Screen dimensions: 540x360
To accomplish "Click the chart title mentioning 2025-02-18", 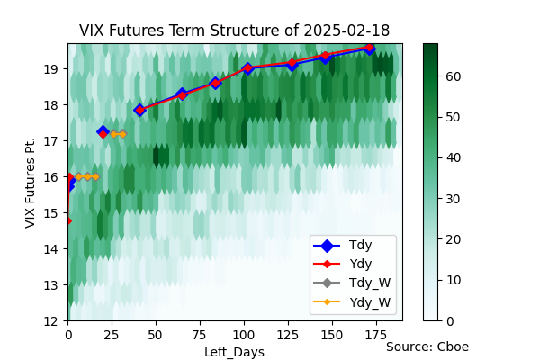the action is (234, 31).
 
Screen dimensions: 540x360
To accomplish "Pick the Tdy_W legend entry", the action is (352, 283).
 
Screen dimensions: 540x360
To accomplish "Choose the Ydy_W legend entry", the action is (352, 302).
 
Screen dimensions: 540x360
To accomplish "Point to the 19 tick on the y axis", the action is (51, 69).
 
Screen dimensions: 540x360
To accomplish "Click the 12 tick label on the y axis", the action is (51, 321).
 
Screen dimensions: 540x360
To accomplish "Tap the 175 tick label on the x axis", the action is (377, 335).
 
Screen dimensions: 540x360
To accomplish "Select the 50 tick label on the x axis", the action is (156, 335).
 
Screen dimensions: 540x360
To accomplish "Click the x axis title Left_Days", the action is (235, 352).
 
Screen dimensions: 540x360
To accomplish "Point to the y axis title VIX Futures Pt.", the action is (31, 183).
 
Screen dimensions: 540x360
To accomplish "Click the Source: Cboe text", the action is (427, 346).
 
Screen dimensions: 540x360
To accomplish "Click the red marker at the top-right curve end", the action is (370, 48).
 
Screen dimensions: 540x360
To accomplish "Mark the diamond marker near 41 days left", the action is (139, 110).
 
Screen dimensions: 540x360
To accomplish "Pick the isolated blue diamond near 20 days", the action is (103, 130).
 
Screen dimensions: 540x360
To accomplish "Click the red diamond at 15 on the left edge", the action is (68, 220).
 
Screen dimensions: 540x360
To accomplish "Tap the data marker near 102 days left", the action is (247, 68).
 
